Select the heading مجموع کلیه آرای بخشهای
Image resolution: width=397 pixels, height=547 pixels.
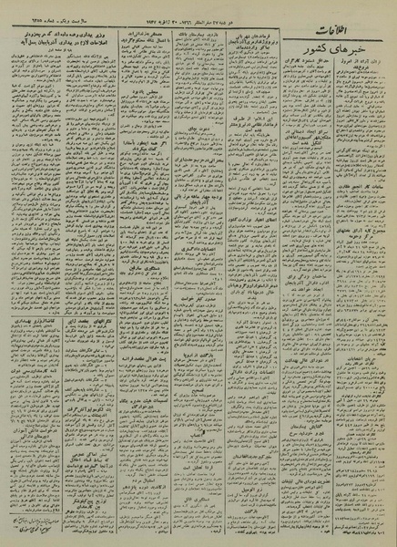pos(363,223)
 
